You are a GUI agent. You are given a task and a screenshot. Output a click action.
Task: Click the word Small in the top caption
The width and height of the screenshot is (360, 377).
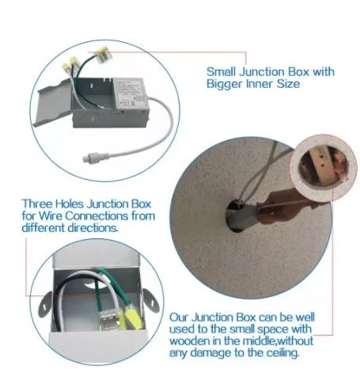221,71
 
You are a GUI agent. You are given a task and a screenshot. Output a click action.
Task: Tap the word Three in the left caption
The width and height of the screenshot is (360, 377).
37,204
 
